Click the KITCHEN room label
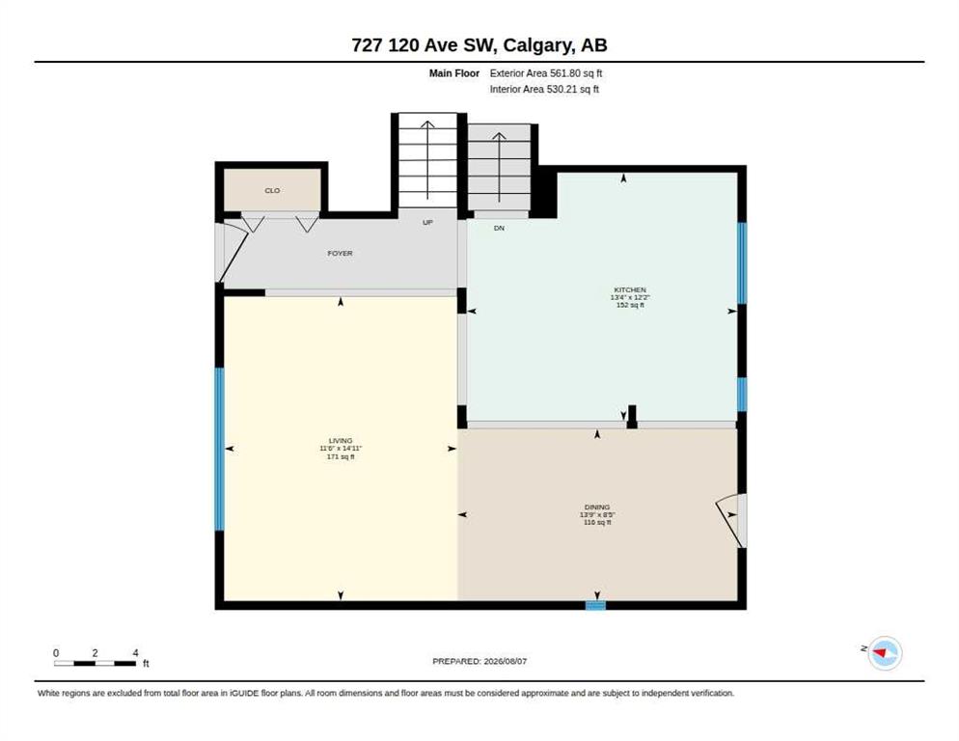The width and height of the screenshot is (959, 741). pyautogui.click(x=630, y=289)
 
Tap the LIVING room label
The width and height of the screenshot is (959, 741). pyautogui.click(x=341, y=441)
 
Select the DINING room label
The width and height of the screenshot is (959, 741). pyautogui.click(x=597, y=508)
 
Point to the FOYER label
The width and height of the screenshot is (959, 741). pyautogui.click(x=340, y=254)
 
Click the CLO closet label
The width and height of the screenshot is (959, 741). pyautogui.click(x=272, y=191)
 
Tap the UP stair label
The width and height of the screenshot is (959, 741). pyautogui.click(x=427, y=223)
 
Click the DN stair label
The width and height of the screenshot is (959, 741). pyautogui.click(x=499, y=229)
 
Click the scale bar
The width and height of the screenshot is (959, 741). pyautogui.click(x=95, y=663)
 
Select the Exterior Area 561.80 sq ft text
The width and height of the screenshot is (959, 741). pyautogui.click(x=545, y=73)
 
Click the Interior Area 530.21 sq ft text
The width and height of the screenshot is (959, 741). pyautogui.click(x=544, y=90)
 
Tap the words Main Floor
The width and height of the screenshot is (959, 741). pyautogui.click(x=453, y=73)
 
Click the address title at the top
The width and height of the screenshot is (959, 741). pyautogui.click(x=479, y=45)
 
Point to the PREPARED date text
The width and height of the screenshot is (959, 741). pyautogui.click(x=479, y=662)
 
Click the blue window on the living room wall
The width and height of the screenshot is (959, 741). pyautogui.click(x=219, y=449)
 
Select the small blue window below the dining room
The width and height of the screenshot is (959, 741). pyautogui.click(x=595, y=606)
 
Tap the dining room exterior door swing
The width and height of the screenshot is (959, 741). pyautogui.click(x=731, y=520)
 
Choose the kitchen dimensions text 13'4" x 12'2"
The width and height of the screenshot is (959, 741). pyautogui.click(x=630, y=297)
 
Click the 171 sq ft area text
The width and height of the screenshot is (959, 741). pyautogui.click(x=341, y=456)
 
